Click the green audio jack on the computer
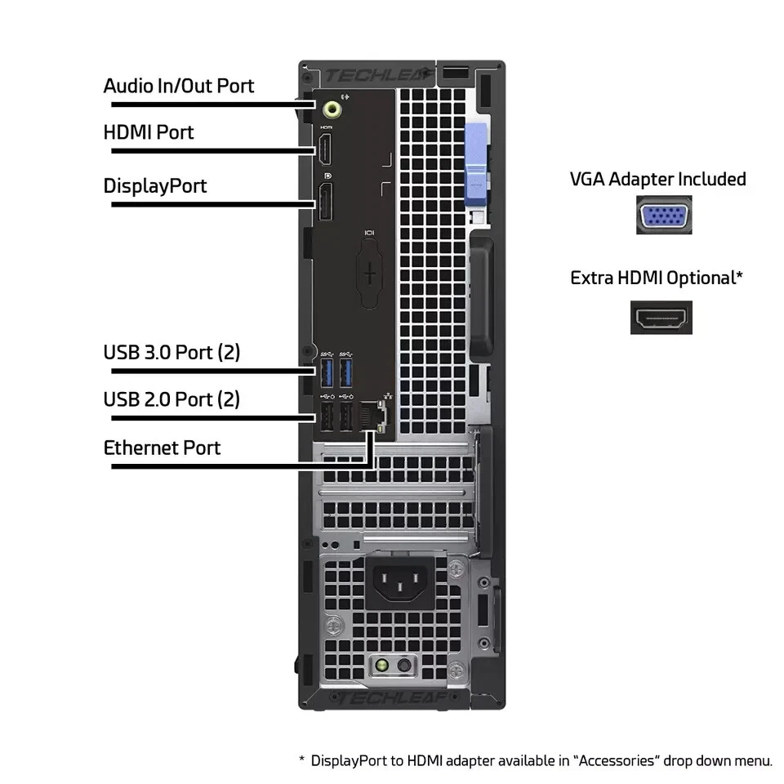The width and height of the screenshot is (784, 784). pos(330,107)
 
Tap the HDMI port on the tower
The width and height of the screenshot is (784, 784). pos(326,150)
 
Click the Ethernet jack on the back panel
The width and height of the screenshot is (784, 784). pos(375,416)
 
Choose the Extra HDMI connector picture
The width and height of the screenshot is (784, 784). pos(661,318)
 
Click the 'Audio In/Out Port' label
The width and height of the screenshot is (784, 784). pos(178,86)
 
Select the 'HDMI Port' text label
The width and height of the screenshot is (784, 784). pos(149,132)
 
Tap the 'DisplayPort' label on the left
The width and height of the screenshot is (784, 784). pos(155,186)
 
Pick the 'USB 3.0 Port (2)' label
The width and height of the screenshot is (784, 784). pos(171,353)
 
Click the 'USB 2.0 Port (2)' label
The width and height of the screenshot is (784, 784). pos(171,399)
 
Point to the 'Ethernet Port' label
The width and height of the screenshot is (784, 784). pos(162,448)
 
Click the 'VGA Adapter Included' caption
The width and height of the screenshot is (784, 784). pos(657,179)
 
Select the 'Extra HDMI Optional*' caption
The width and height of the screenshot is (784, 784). pos(657,278)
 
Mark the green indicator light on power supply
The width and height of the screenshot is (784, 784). pos(381,666)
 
